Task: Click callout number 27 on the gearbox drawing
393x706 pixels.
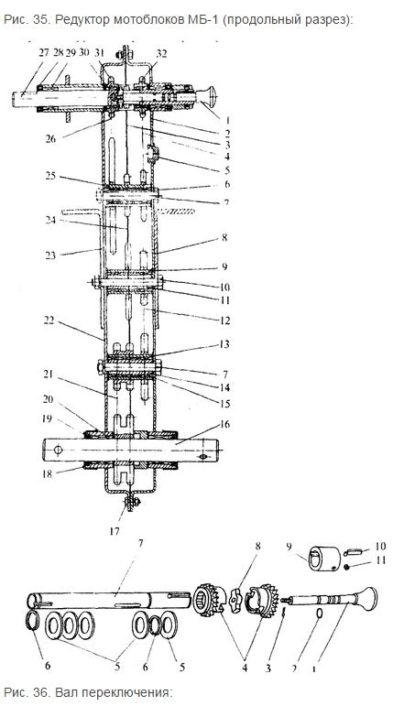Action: [43, 52]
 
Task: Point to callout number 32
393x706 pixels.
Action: [162, 54]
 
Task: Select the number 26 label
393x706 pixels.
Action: [50, 138]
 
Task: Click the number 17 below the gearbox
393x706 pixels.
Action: [115, 531]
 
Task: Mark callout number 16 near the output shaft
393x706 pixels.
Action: [224, 424]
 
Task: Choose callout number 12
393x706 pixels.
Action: [224, 320]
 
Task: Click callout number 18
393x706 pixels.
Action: [49, 473]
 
